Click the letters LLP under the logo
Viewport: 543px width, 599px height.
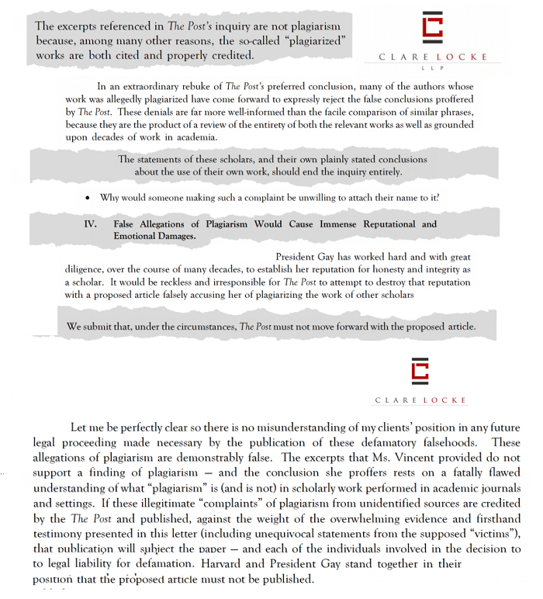(x=433, y=68)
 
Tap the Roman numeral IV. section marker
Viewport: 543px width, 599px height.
(x=90, y=224)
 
